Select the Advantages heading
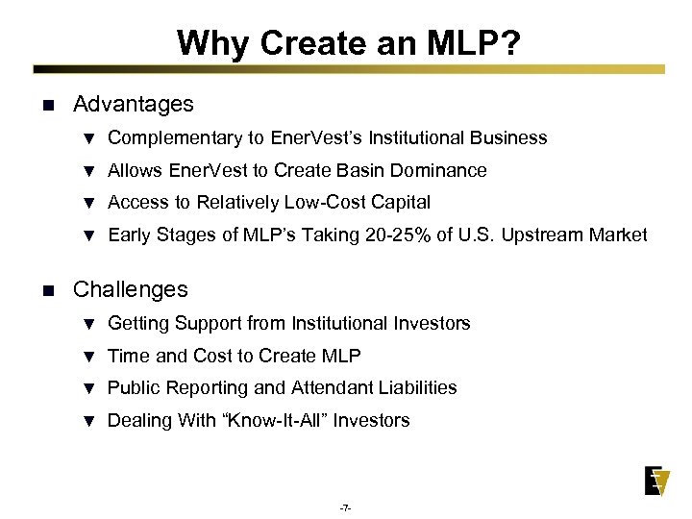(x=133, y=104)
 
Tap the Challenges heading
(x=131, y=289)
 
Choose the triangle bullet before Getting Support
(x=88, y=325)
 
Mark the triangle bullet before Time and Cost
(x=88, y=358)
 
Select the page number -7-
(x=345, y=507)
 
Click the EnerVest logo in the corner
(x=656, y=481)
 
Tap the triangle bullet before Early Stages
(x=88, y=236)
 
